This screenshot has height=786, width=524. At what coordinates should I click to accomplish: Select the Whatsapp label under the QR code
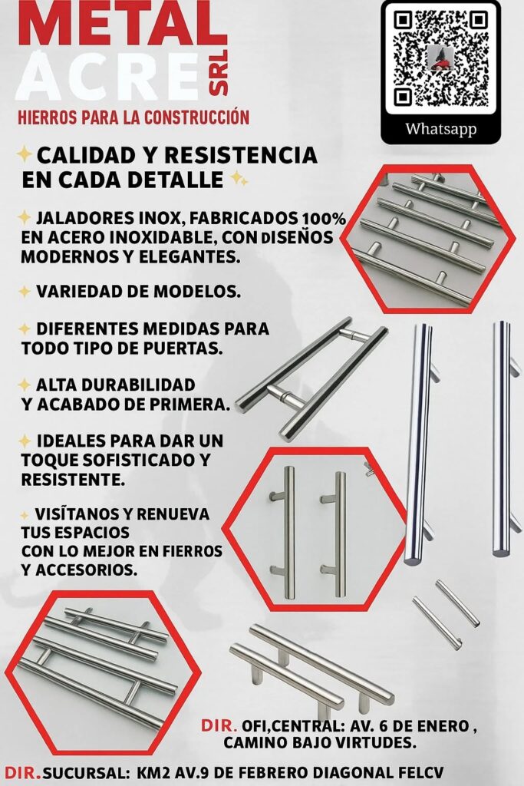[441, 129]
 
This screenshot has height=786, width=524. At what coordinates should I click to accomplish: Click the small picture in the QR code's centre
[441, 58]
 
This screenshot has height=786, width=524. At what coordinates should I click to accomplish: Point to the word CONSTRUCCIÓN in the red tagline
[197, 117]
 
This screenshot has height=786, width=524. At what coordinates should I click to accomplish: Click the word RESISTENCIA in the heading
[241, 155]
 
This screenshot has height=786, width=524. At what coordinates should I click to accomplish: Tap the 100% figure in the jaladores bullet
[324, 219]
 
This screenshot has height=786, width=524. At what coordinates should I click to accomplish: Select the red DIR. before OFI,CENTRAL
[219, 725]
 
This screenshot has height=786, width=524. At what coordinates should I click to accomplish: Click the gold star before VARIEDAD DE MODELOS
[24, 291]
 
